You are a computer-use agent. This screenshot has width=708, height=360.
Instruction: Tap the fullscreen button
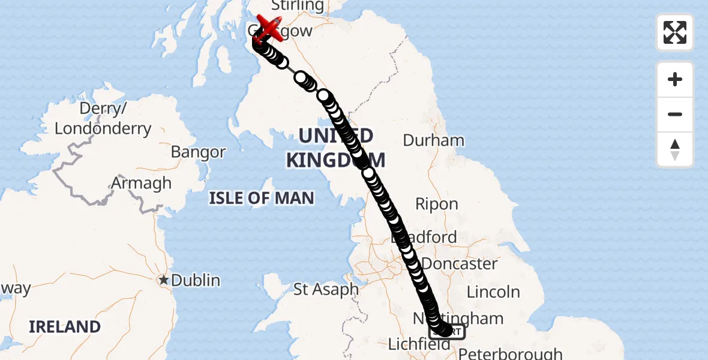(x=675, y=32)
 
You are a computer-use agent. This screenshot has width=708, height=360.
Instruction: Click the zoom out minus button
(x=675, y=114)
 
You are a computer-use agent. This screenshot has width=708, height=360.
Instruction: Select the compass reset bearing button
(x=675, y=149)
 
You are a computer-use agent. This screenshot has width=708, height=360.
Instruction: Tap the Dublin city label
(x=196, y=280)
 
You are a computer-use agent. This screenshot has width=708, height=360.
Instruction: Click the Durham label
(x=434, y=140)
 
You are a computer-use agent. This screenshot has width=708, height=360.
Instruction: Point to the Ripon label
(x=437, y=204)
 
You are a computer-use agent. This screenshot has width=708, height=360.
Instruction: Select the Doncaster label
(x=460, y=263)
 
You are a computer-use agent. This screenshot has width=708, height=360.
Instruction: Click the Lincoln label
(x=493, y=292)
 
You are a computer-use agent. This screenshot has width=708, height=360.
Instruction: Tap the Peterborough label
(x=511, y=353)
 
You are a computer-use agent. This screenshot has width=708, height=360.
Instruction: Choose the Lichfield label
(x=419, y=344)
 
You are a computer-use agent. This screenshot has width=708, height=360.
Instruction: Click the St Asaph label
(x=326, y=290)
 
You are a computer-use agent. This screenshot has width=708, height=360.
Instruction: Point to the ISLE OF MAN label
(x=262, y=198)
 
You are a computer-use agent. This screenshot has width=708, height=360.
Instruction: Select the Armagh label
(x=142, y=183)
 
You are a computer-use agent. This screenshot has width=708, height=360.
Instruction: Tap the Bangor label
(x=198, y=152)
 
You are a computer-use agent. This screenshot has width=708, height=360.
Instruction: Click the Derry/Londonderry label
(x=103, y=119)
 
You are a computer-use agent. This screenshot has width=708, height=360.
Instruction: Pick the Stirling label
(x=298, y=6)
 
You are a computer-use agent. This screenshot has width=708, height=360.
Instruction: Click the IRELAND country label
(x=65, y=326)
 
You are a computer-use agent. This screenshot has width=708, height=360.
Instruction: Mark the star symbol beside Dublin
(x=163, y=280)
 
